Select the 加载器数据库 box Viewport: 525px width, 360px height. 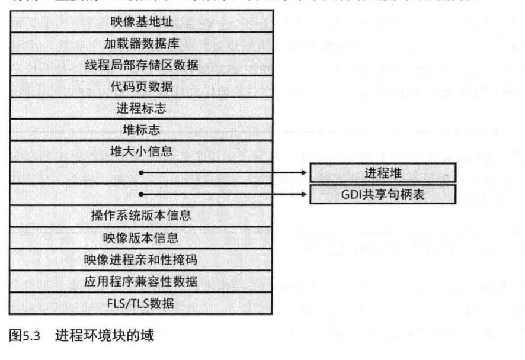coord(142,43)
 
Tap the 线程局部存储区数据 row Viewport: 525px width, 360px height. coord(142,65)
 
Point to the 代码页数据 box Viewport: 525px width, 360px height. coord(142,86)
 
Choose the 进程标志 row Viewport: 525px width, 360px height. coord(142,108)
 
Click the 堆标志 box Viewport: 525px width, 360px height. coord(142,129)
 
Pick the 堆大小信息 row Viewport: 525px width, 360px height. coord(142,151)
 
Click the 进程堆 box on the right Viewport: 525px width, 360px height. coord(382,172)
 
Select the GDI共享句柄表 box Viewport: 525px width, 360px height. coord(382,194)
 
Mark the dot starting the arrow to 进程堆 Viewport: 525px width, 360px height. coord(142,173)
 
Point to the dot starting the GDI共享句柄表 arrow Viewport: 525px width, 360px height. coord(142,194)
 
